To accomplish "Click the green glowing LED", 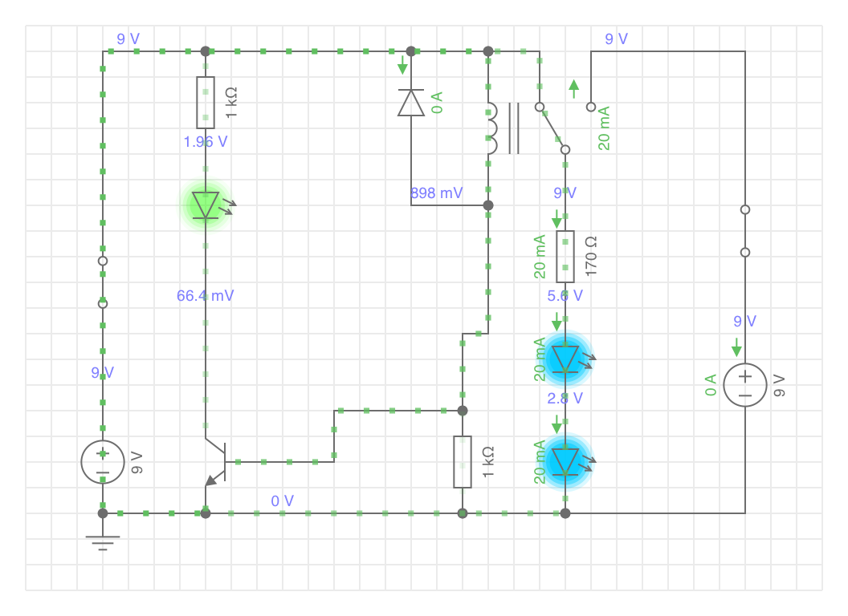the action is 206,205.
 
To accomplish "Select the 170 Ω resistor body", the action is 565,257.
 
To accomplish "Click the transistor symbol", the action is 215,462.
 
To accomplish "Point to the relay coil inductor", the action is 492,128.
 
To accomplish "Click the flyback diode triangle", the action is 411,103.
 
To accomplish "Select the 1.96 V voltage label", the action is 206,142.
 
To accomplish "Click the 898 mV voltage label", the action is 436,193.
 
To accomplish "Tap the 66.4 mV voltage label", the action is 205,296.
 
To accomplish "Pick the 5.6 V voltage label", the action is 565,296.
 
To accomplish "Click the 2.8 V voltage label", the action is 565,399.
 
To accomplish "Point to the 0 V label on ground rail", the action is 283,501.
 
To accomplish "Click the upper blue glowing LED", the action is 565,359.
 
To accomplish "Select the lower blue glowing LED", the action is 565,462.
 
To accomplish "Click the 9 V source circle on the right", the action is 745,385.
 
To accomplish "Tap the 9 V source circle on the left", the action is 103,462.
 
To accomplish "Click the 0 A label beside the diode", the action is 437,103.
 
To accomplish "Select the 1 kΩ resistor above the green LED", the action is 206,103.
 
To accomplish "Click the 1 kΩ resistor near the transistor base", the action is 463,462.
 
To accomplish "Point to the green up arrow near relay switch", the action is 574,89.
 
